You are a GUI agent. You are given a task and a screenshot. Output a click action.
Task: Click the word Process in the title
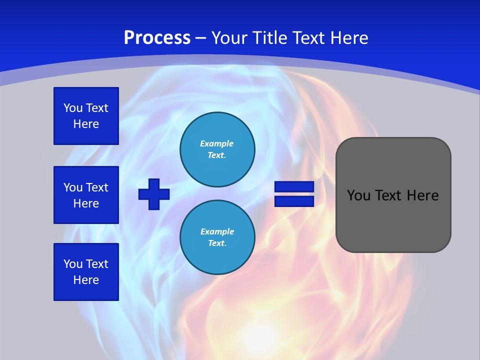[x=157, y=38]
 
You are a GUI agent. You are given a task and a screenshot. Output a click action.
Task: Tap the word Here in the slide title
[x=348, y=38]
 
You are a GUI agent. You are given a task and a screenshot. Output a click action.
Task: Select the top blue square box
[x=86, y=116]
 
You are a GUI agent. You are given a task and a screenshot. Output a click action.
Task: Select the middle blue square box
[x=86, y=195]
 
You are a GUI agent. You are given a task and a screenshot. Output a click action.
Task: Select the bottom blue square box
[x=86, y=272]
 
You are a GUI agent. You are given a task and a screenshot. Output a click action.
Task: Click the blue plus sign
[x=154, y=194]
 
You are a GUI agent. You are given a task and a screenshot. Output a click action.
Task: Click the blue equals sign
[x=294, y=194]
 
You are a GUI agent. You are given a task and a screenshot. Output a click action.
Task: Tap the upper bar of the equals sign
[x=294, y=187]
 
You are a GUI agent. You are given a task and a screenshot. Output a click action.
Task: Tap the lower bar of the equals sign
[x=294, y=201]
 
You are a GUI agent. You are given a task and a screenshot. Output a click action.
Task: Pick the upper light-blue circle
[x=217, y=149]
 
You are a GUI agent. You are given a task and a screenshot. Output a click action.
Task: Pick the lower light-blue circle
[x=217, y=237]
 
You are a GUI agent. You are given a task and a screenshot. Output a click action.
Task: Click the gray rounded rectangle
[x=393, y=220]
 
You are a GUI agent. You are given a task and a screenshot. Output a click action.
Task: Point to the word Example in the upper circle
[x=217, y=143]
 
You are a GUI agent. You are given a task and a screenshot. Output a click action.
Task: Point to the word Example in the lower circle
[x=217, y=231]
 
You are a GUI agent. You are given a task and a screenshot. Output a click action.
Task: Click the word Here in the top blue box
[x=86, y=124]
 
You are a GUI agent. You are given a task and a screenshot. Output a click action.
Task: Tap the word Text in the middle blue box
[x=97, y=187]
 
